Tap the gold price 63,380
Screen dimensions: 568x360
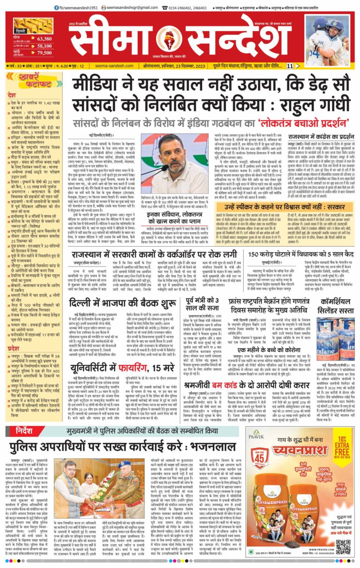[x=44, y=38]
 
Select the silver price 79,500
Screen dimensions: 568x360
[x=44, y=53]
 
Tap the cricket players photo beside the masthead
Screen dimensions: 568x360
[x=330, y=38]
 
